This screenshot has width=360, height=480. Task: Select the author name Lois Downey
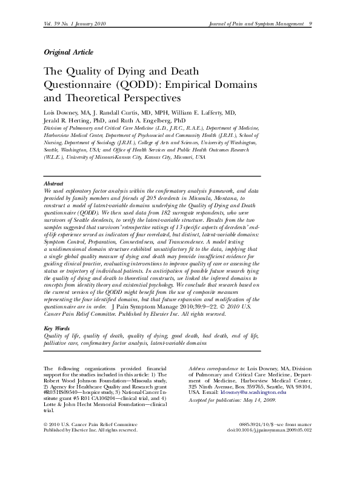(61, 113)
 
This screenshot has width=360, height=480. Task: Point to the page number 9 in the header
(310, 23)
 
